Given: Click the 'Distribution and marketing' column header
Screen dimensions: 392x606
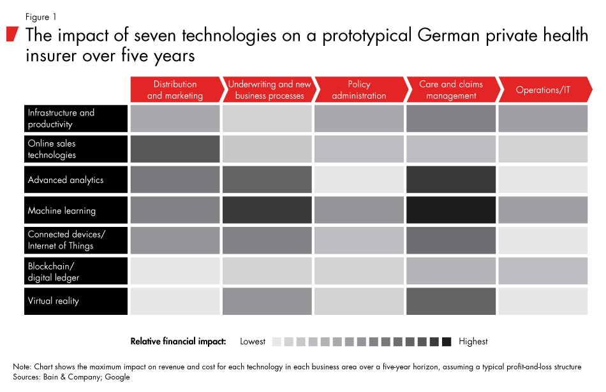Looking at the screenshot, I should [x=175, y=90].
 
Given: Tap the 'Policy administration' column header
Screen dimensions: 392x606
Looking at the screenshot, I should [x=358, y=90].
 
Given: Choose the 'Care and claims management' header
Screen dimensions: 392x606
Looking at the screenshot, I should [x=450, y=90].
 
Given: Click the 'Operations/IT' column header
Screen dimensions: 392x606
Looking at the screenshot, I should [x=543, y=90].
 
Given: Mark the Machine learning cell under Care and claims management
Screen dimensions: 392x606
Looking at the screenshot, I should [x=450, y=210].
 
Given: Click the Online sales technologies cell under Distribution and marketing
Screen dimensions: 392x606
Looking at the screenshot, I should [x=175, y=149].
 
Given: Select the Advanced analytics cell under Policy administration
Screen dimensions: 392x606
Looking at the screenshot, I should [x=358, y=180].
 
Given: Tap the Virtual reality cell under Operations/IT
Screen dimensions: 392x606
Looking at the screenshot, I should [x=543, y=301].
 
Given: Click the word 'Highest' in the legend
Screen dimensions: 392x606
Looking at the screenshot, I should [x=473, y=342].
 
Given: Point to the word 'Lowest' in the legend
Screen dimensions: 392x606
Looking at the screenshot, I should [x=253, y=342].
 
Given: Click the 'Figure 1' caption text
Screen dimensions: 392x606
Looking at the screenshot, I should [x=41, y=17].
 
